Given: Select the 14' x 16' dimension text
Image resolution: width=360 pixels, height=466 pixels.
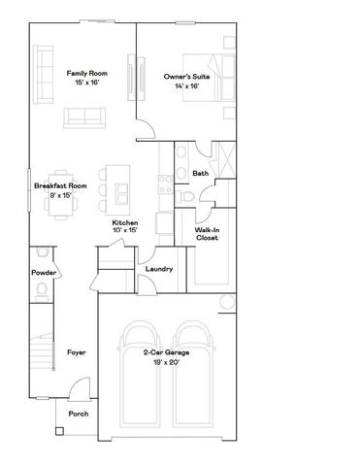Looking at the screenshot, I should click(x=186, y=86).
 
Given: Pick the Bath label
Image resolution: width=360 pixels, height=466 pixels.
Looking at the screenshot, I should click(x=201, y=174).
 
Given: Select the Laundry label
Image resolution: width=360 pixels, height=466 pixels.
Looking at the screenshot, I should click(x=158, y=269).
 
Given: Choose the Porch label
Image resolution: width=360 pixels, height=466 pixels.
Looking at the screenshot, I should click(x=78, y=414).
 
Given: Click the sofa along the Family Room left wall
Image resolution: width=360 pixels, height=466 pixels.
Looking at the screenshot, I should click(x=44, y=76).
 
